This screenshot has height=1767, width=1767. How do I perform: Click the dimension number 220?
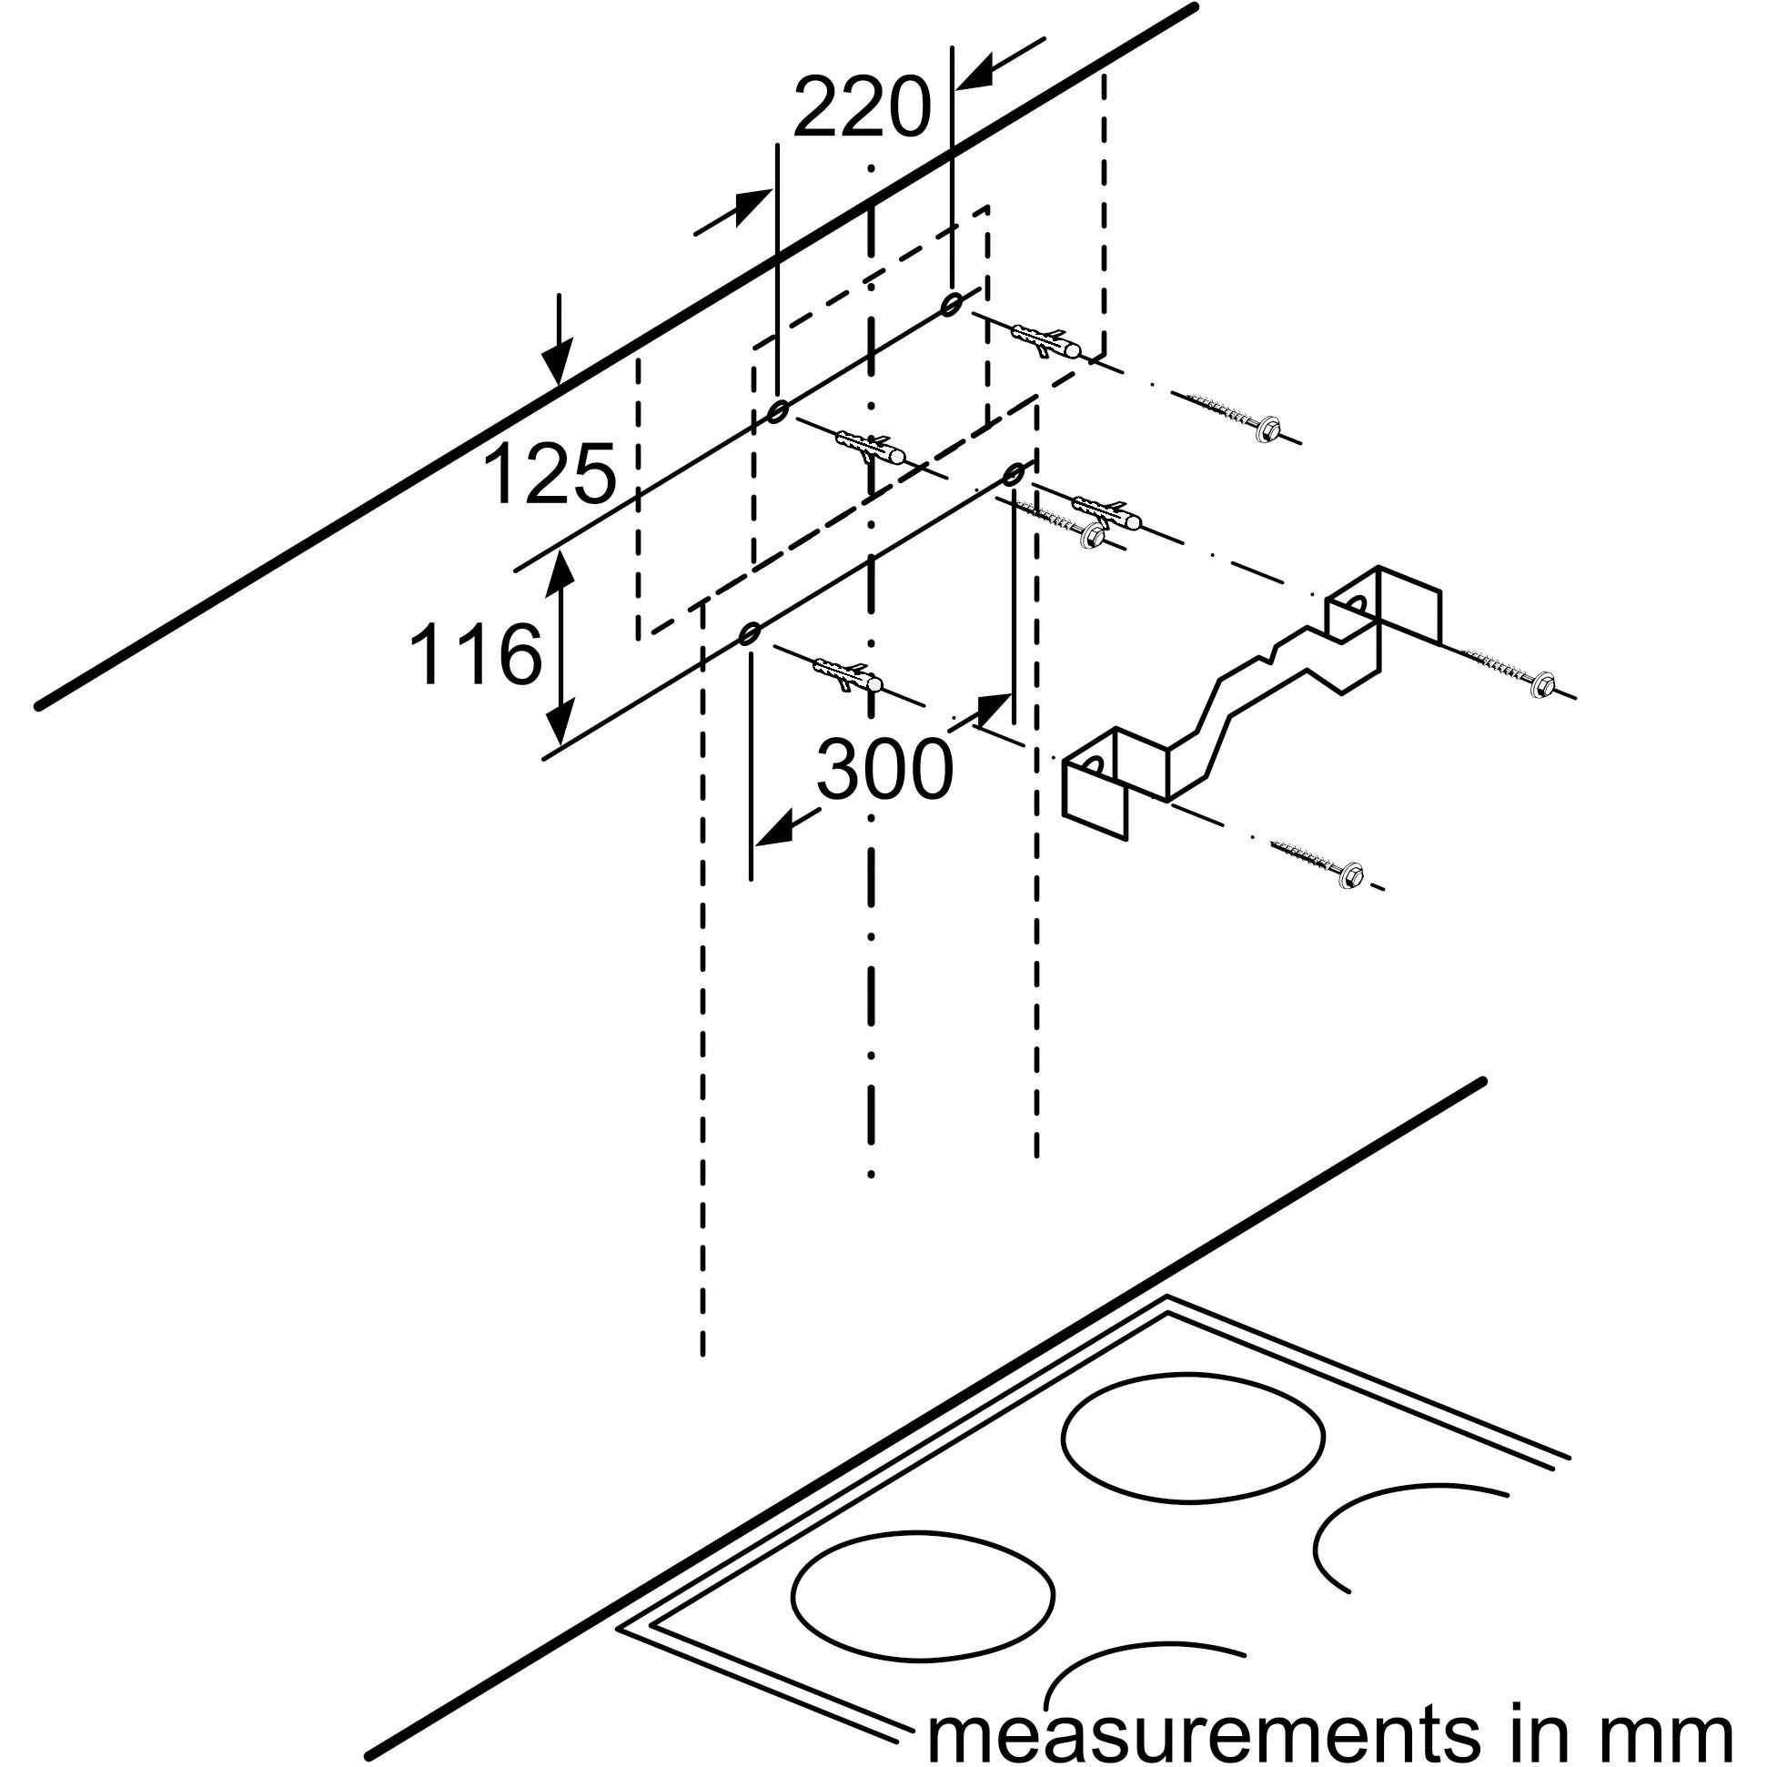click(861, 108)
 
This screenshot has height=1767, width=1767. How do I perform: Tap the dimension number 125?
click(549, 474)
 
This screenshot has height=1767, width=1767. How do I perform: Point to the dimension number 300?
click(883, 769)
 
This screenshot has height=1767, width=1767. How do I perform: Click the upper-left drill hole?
click(777, 411)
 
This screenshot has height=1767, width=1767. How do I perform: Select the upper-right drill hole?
click(951, 303)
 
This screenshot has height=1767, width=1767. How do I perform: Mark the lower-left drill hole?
click(750, 633)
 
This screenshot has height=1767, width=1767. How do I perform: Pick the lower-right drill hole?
click(1014, 474)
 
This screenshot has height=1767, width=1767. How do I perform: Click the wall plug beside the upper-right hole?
click(1048, 340)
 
